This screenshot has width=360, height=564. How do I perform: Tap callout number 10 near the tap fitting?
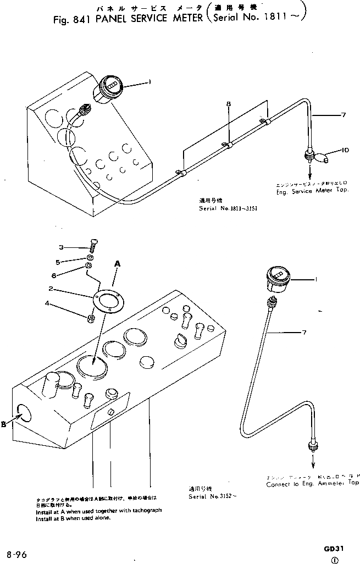pos(345,149)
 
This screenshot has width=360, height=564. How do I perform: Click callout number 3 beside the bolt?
pos(62,247)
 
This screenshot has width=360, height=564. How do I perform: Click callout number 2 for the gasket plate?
pos(50,288)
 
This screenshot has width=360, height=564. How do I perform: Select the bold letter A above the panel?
pos(117,264)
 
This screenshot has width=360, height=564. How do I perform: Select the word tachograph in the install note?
pos(144,510)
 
